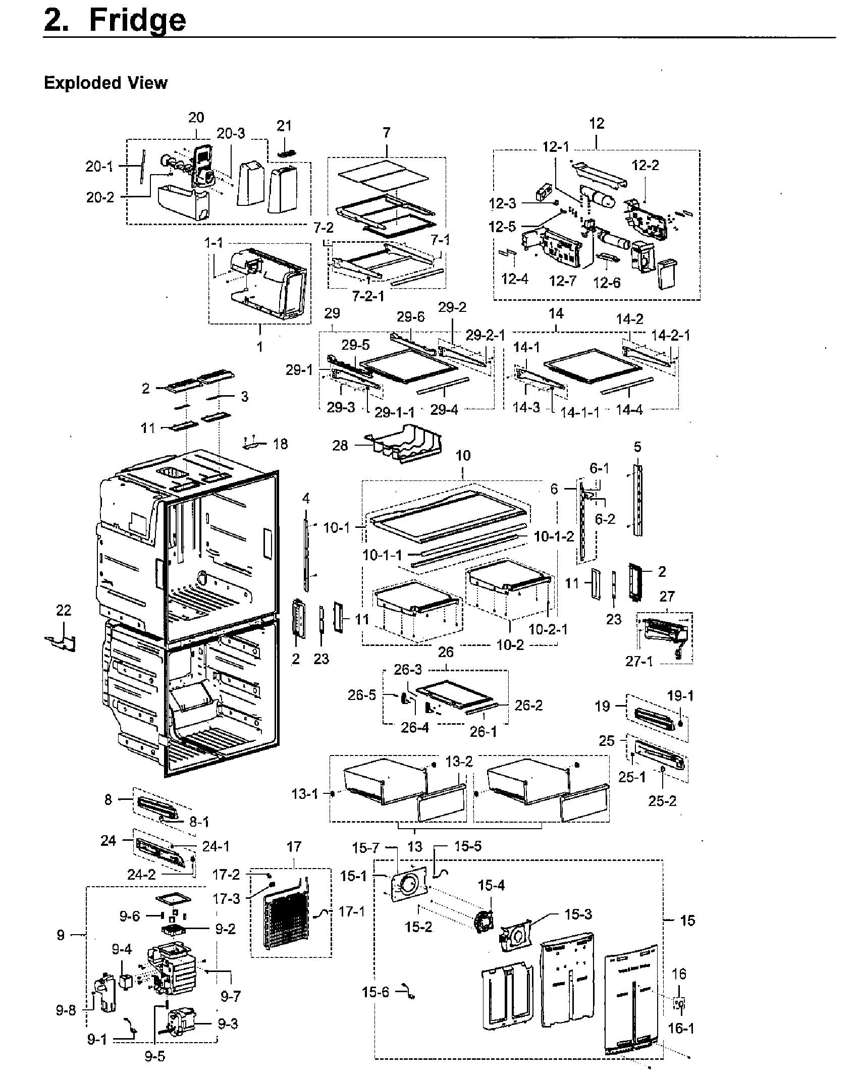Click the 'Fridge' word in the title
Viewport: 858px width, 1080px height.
pyautogui.click(x=137, y=21)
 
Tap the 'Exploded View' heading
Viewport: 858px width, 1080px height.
pyautogui.click(x=105, y=83)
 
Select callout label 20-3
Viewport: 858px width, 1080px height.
pyautogui.click(x=231, y=133)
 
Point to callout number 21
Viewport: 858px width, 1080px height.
pyautogui.click(x=284, y=126)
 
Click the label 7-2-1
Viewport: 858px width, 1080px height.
pyautogui.click(x=368, y=296)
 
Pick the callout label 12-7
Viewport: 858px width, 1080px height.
pyautogui.click(x=563, y=281)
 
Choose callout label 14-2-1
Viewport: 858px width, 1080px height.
pyautogui.click(x=670, y=335)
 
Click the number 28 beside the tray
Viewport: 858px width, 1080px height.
pyautogui.click(x=340, y=446)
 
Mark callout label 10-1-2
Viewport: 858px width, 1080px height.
pyautogui.click(x=554, y=536)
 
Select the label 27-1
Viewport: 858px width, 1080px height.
pyautogui.click(x=639, y=661)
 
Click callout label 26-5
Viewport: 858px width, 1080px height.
pyautogui.click(x=362, y=695)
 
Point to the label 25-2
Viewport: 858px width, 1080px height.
pyautogui.click(x=662, y=801)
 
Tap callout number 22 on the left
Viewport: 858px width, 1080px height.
pyautogui.click(x=64, y=610)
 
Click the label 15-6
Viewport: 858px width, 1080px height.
pyautogui.click(x=376, y=992)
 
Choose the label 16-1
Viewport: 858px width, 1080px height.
pyautogui.click(x=680, y=1028)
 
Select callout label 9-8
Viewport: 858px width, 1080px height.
pyautogui.click(x=66, y=1011)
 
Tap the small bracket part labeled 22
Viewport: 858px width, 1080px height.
pyautogui.click(x=62, y=643)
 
